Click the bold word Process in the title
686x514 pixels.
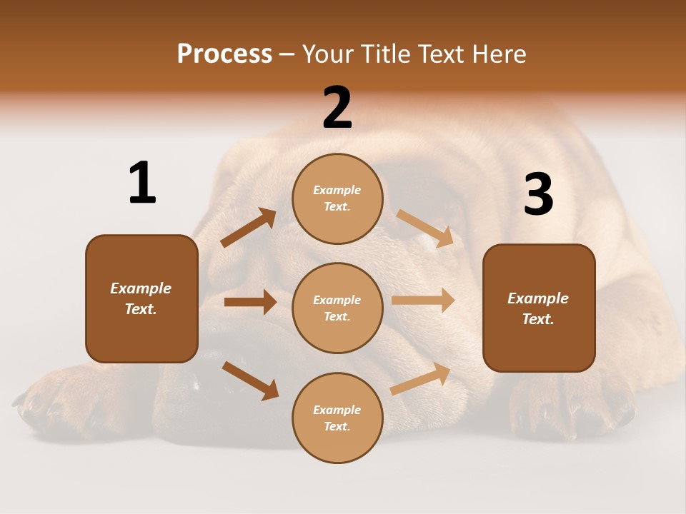pos(224,54)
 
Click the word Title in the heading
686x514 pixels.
pos(385,54)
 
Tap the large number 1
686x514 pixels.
pos(142,183)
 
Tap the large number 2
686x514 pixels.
pos(337,108)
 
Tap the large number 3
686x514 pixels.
pos(538,195)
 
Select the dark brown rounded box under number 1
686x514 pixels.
pos(141,298)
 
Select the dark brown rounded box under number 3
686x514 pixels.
pos(539,308)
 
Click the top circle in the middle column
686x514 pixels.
pos(337,198)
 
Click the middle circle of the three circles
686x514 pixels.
pos(337,308)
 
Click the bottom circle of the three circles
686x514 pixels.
pos(337,418)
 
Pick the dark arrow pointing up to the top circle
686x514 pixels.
pos(249,228)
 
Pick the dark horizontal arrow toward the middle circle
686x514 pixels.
pos(250,302)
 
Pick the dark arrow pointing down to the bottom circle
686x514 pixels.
pos(251,381)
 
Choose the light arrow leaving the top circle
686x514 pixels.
pos(425,228)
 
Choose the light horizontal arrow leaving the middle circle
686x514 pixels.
pos(423,301)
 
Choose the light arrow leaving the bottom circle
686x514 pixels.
pos(421,379)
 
